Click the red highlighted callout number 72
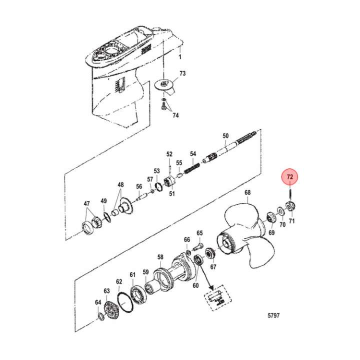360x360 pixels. pos(289,177)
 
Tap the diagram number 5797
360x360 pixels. pos(273,315)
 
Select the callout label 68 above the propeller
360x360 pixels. pos(247,192)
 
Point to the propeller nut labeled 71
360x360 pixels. pos(290,205)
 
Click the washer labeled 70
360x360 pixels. pos(280,210)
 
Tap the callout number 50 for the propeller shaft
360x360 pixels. pos(225,136)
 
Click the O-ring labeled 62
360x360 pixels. pos(125,302)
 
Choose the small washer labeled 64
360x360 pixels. pos(100,316)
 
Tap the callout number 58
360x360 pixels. pos(160,256)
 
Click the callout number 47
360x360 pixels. pos(86,203)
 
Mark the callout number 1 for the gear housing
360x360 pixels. pos(180,56)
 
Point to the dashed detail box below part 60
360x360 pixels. pos(218,298)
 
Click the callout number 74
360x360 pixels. pos(175,115)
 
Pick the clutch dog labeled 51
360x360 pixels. pos(170,182)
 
